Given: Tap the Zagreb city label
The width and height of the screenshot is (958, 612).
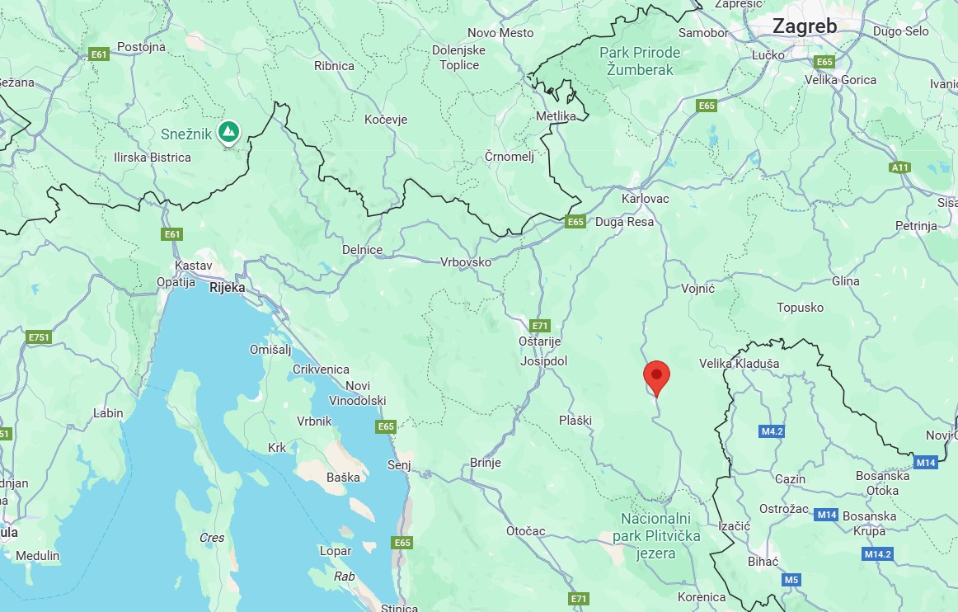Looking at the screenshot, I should click(x=804, y=26).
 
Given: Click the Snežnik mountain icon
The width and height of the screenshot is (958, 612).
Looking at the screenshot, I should click(x=228, y=131).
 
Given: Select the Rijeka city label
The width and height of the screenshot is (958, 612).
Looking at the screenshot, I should click(x=228, y=288).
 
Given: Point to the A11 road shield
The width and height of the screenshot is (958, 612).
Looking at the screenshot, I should click(x=899, y=167).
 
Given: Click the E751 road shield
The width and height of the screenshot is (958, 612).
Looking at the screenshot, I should click(x=38, y=337).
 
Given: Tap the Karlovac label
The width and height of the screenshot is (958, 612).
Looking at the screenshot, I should click(x=645, y=199).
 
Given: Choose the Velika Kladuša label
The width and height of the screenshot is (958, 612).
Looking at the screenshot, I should click(x=739, y=363).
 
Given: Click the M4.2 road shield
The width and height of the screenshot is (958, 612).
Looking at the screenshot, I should click(x=771, y=431).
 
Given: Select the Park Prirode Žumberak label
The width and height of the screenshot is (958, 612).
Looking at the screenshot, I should click(x=640, y=61).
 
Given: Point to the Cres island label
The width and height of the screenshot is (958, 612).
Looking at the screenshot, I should click(x=212, y=538).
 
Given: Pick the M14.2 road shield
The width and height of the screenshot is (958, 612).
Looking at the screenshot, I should click(x=878, y=554).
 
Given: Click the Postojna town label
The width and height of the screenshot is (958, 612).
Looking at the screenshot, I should click(x=141, y=47).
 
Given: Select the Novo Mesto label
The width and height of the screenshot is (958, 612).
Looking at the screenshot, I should click(x=500, y=33).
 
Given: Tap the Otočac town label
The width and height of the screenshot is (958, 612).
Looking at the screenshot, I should click(x=525, y=531).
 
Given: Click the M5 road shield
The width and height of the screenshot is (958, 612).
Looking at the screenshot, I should click(x=791, y=580).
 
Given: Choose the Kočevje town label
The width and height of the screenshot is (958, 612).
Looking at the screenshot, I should click(x=386, y=120).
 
